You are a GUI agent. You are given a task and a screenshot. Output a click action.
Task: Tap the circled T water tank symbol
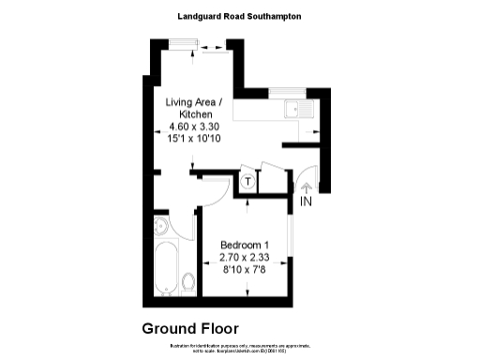click(x=247, y=180)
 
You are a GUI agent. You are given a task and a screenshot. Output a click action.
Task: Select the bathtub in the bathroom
click(x=167, y=269)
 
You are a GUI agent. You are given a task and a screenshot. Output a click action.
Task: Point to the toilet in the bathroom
click(x=188, y=281)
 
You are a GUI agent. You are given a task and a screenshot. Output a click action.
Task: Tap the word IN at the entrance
click(x=307, y=202)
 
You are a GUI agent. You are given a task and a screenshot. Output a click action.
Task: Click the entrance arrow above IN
click(x=307, y=187)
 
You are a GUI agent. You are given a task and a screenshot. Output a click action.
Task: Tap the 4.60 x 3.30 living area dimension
click(x=194, y=126)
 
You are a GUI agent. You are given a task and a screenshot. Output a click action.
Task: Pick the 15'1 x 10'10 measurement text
click(x=194, y=138)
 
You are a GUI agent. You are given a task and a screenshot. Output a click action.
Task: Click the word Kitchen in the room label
click(x=194, y=113)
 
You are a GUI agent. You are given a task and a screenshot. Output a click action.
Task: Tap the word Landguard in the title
click(x=200, y=16)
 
